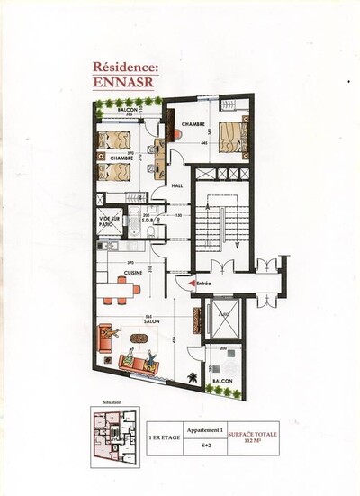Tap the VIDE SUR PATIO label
(x=112, y=220)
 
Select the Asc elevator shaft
(x=221, y=319)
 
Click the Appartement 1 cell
(x=206, y=430)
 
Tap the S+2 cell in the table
(x=206, y=445)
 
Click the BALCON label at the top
(x=128, y=109)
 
